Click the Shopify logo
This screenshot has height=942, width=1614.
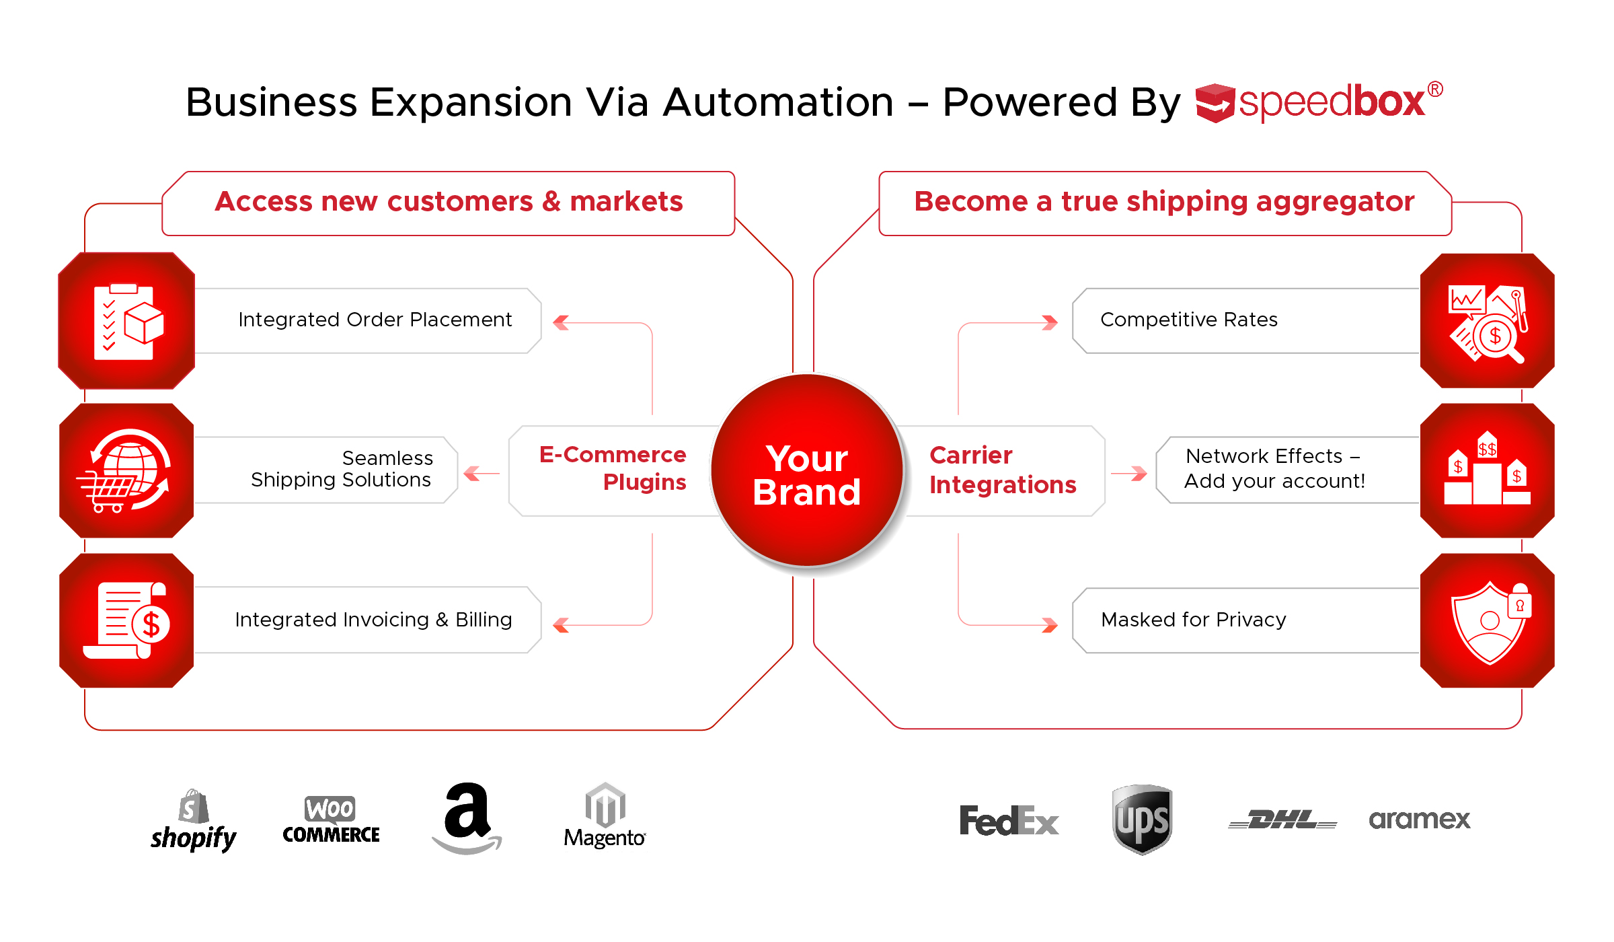193,821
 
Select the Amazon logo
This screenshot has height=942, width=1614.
467,818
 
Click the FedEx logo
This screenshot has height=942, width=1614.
1009,821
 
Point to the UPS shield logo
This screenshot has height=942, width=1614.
1142,819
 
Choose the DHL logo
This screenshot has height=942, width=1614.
1282,820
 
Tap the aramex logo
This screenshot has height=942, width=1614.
1420,820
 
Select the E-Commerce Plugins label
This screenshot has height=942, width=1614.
613,468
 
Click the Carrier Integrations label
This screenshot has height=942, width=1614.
1002,470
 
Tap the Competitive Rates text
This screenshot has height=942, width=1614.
1188,320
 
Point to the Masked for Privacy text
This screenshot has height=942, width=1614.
1193,620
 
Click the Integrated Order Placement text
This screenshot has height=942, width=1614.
375,320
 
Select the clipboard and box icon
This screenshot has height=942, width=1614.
126,321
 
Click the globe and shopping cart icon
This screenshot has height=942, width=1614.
126,470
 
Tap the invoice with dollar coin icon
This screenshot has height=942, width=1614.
126,620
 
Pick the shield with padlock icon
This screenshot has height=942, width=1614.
1488,620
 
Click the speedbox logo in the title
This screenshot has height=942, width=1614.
1318,102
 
